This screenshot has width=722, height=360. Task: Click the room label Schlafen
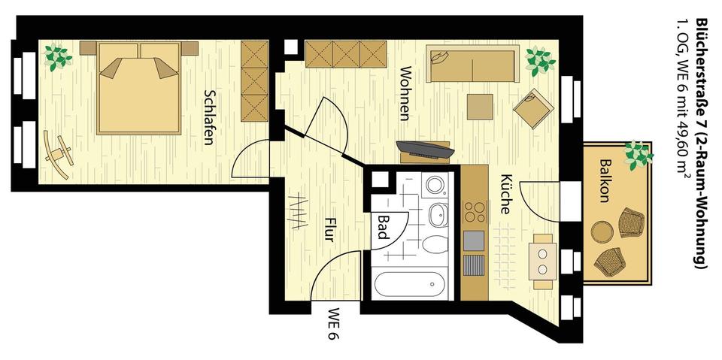click(208, 117)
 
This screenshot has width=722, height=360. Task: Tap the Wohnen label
click(405, 93)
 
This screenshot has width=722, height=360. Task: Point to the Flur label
click(329, 228)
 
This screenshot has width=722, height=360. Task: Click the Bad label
click(383, 227)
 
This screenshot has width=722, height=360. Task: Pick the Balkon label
click(605, 180)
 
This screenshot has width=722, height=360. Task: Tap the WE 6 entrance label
click(334, 323)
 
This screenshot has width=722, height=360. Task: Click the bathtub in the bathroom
click(410, 284)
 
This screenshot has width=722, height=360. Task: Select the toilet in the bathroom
click(435, 244)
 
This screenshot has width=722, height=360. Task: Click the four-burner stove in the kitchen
click(475, 212)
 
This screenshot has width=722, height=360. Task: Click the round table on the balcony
click(602, 231)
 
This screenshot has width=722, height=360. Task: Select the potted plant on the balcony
click(638, 154)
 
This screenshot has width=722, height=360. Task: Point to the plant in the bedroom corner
click(57, 57)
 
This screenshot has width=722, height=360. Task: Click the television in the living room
click(425, 150)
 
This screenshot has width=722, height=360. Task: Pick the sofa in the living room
click(472, 64)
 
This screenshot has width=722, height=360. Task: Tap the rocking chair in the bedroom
click(59, 154)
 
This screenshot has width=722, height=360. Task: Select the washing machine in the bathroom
click(434, 185)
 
